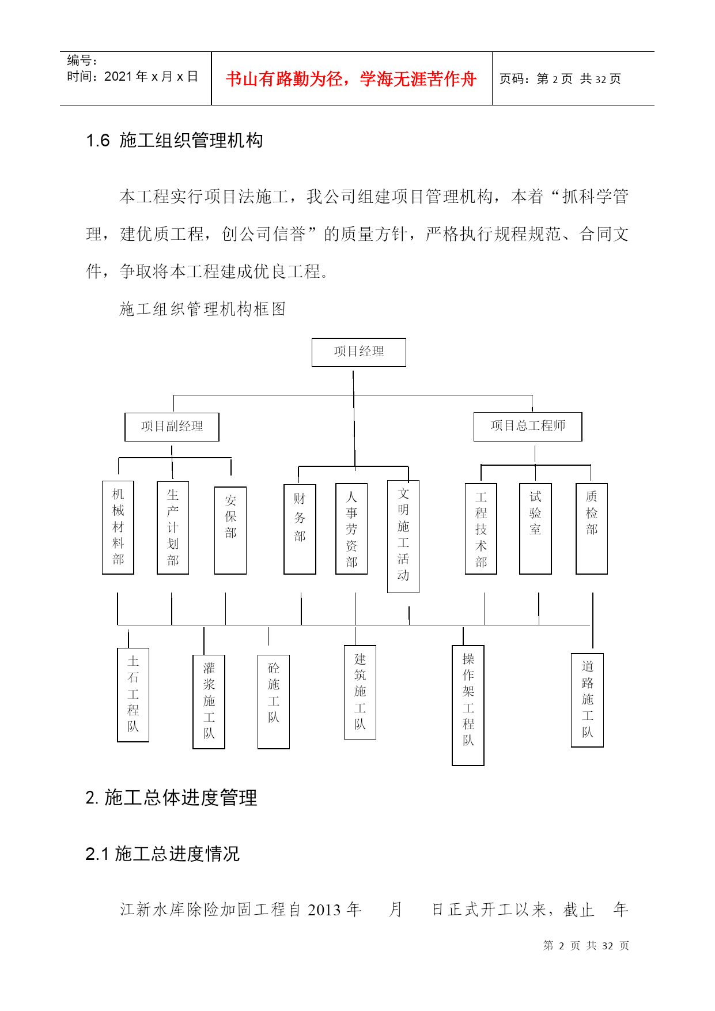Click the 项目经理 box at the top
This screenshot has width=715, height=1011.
click(359, 352)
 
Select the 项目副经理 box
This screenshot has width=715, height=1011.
click(172, 427)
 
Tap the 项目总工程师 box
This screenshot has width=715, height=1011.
click(528, 427)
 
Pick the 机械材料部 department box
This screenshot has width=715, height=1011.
click(118, 527)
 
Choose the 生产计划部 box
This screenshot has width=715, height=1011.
click(173, 527)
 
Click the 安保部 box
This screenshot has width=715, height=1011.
click(230, 530)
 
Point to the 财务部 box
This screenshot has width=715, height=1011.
click(300, 529)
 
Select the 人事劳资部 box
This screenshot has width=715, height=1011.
click(351, 529)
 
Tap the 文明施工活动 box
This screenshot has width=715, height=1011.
click(403, 536)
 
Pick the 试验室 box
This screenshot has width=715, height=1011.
click(535, 529)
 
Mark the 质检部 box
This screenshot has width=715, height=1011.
click(592, 529)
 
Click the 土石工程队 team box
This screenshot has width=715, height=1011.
click(133, 695)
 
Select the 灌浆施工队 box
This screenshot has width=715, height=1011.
click(209, 702)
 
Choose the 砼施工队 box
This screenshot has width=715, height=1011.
click(274, 702)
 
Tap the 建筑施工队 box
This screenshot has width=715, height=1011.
click(360, 692)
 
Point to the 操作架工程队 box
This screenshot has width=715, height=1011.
click(468, 706)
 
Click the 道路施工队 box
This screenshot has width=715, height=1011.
click(587, 700)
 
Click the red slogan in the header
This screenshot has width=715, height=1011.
click(351, 79)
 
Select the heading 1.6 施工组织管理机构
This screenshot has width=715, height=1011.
click(175, 140)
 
